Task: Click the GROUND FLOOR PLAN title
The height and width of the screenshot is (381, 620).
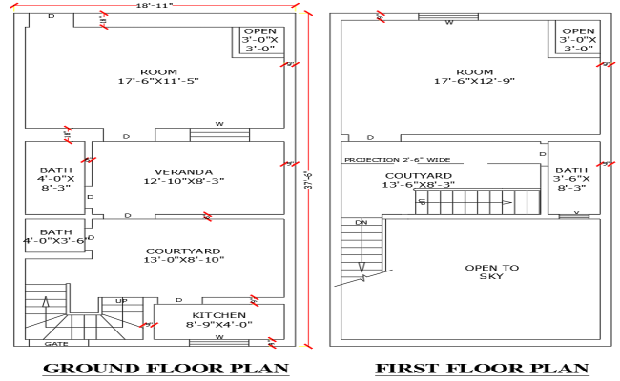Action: pos(166,368)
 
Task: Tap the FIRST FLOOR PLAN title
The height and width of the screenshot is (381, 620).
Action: pos(481,368)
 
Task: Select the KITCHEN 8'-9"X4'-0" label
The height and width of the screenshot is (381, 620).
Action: pos(219,320)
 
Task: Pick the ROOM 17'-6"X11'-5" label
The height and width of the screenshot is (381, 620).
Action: pos(157,76)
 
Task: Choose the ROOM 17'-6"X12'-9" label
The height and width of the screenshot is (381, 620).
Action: pos(474,76)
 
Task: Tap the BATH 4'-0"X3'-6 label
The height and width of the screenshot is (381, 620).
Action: pos(55,236)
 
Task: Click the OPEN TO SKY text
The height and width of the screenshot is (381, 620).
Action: pos(492,272)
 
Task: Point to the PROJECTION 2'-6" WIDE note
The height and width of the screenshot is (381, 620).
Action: pos(397,160)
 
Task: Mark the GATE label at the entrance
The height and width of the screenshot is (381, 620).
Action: pos(55,343)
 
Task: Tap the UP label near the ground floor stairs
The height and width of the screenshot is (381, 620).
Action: pos(121,301)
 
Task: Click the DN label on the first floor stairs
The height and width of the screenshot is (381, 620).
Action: pos(361,222)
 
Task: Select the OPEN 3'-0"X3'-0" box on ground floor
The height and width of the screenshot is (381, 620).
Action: pos(259,39)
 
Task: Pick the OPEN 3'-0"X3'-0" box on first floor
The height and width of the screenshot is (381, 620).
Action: pos(578,39)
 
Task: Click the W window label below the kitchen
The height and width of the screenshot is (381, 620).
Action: pos(218,337)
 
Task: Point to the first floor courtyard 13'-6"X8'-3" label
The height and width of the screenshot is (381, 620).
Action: pos(419,180)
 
